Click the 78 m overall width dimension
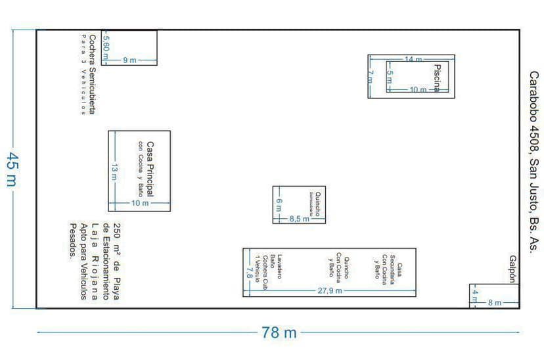click(279, 332)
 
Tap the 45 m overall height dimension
click(11, 169)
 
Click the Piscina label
click(436, 77)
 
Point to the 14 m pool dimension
click(413, 60)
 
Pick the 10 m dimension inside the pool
click(418, 90)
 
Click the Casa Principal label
click(150, 169)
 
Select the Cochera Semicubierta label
click(92, 74)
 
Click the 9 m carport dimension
click(129, 60)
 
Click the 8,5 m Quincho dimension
click(299, 219)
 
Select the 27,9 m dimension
click(330, 291)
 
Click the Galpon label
click(512, 269)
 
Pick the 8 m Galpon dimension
click(494, 303)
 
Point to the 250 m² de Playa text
click(117, 259)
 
